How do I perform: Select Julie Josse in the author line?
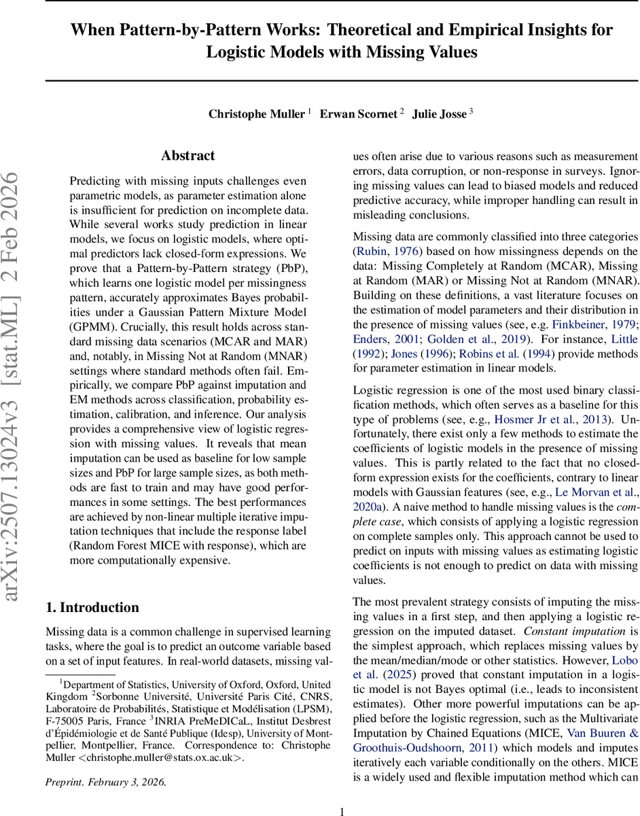coord(439,114)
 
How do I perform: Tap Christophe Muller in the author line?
coord(256,114)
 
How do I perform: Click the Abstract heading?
coord(188,156)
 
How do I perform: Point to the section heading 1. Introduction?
coord(92,608)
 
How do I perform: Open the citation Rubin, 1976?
coord(385,251)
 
